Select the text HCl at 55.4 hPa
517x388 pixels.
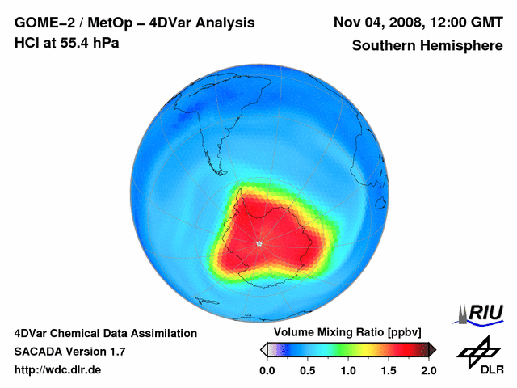[x=67, y=43]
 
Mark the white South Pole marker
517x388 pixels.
[x=258, y=243]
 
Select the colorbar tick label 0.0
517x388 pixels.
[x=267, y=370]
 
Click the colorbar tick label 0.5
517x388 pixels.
[x=308, y=370]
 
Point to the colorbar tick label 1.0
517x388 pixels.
[x=348, y=370]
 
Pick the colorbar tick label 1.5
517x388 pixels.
[x=389, y=370]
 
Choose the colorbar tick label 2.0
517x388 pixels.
[x=428, y=370]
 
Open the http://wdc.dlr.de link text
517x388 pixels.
[x=58, y=370]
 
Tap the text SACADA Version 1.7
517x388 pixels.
[x=69, y=352]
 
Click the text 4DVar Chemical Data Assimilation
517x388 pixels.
[x=105, y=333]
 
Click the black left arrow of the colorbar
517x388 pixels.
[x=263, y=349]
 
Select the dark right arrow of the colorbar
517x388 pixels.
[x=432, y=349]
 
